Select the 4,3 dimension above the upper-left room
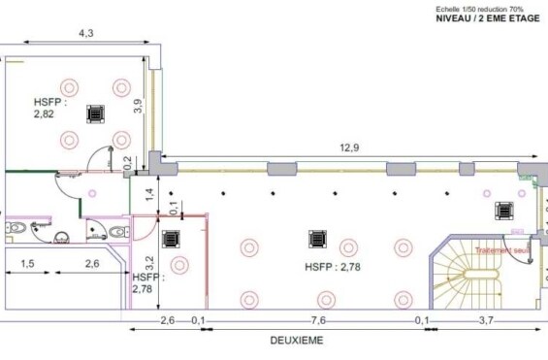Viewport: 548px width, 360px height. point(85,34)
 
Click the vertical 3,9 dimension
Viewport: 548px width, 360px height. point(138,106)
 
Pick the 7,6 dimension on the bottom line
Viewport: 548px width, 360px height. point(319,319)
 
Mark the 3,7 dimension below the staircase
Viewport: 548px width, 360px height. point(485,319)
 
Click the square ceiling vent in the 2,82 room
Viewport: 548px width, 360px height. point(94,114)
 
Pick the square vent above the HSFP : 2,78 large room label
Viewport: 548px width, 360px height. point(315,238)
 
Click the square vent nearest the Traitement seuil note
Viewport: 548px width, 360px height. point(504,210)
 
